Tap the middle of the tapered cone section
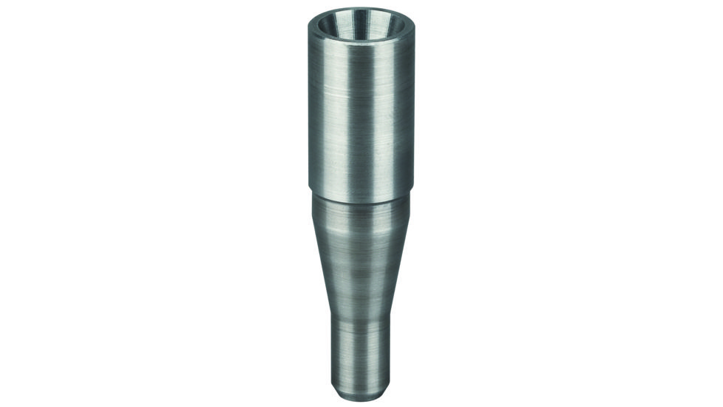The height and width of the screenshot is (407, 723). pyautogui.click(x=361, y=259)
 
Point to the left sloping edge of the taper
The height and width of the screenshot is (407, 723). pyautogui.click(x=319, y=259)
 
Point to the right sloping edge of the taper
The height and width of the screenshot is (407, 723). pyautogui.click(x=402, y=259)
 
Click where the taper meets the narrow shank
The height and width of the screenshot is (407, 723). pyautogui.click(x=361, y=326)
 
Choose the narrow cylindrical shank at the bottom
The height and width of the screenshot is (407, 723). pyautogui.click(x=361, y=355)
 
